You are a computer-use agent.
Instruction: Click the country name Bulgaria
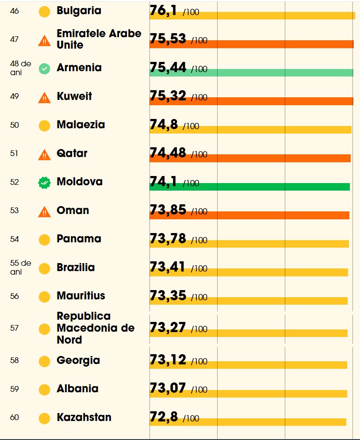[x=79, y=11]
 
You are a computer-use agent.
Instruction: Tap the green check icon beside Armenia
[x=44, y=69]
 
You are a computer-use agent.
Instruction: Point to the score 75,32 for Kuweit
[x=168, y=96]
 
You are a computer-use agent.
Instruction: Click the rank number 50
[x=15, y=125]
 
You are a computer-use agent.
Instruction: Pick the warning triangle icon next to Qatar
[x=44, y=154]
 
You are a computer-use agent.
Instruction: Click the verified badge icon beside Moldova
[x=44, y=182]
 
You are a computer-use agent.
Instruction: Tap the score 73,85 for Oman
[x=168, y=210]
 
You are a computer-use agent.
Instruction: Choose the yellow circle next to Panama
[x=44, y=240]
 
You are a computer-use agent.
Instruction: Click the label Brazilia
[x=76, y=268]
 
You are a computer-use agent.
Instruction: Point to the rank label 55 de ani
[x=20, y=268]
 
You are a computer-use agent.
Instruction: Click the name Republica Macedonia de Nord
[x=95, y=328]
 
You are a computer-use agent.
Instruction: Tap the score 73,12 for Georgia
[x=168, y=360]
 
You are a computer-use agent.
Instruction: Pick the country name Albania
[x=77, y=389]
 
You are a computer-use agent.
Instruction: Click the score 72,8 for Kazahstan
[x=164, y=417]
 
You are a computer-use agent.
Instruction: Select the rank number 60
[x=15, y=417]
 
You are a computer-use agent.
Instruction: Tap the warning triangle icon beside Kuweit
[x=44, y=97]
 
